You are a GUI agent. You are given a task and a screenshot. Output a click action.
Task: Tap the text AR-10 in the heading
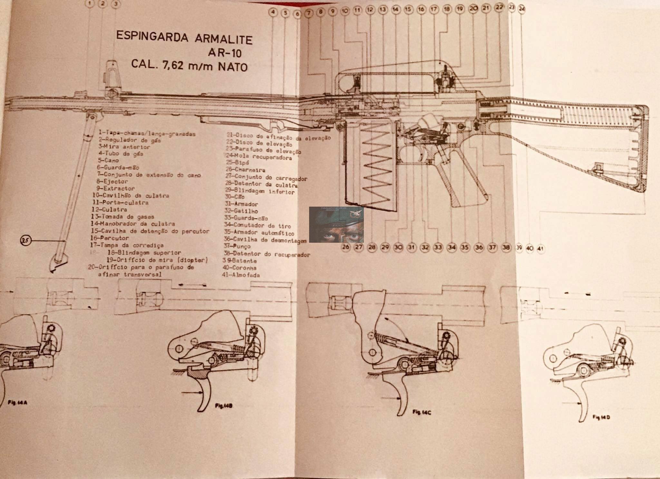(x=225, y=52)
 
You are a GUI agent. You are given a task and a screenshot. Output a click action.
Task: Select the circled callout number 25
(x=26, y=240)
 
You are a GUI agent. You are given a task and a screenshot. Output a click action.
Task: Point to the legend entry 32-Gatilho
(x=241, y=211)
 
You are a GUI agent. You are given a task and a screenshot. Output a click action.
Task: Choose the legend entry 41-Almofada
(x=241, y=275)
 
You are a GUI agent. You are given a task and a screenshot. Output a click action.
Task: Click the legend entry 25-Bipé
(x=238, y=162)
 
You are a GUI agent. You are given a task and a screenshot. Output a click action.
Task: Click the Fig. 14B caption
(x=224, y=406)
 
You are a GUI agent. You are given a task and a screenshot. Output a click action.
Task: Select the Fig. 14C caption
(x=422, y=412)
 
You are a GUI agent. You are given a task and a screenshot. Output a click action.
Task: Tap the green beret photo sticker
(x=336, y=225)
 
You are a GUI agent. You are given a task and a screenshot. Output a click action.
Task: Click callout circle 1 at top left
(x=90, y=4)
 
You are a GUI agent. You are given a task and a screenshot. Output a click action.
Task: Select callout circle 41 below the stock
(x=540, y=248)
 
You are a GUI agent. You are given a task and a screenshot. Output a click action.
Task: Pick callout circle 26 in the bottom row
(x=345, y=247)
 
